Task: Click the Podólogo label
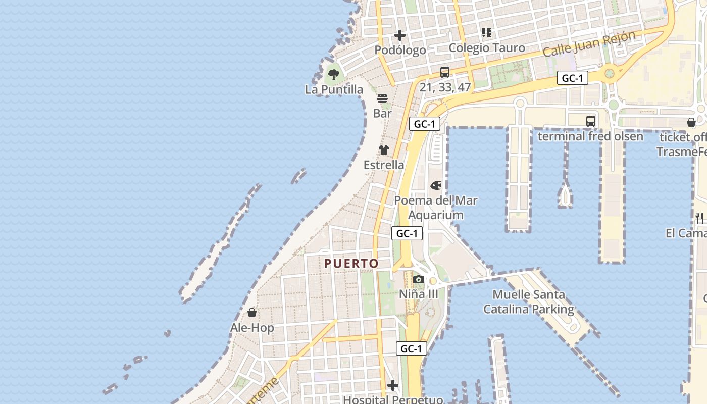400,50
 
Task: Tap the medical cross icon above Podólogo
400,35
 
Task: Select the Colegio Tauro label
487,47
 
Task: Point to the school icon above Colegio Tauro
487,33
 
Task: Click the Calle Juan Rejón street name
589,44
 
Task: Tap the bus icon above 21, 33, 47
445,72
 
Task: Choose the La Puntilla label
334,89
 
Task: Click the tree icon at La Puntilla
333,75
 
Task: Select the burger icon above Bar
382,98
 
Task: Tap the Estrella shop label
384,165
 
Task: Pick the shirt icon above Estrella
384,150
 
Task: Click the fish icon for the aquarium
436,185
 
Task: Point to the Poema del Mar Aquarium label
436,208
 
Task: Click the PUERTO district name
351,263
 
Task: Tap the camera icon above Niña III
418,279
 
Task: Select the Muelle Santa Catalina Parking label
529,301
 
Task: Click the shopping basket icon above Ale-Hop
252,313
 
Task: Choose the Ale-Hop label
252,328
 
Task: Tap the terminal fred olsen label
590,136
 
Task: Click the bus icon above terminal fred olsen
591,121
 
